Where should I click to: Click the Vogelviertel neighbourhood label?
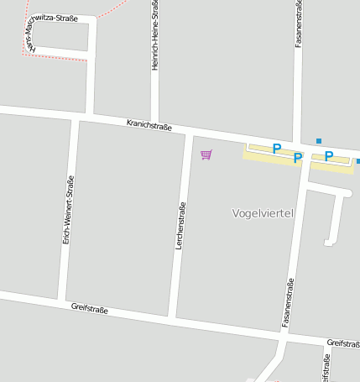pyautogui.click(x=262, y=213)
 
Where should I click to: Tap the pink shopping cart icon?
pyautogui.click(x=206, y=154)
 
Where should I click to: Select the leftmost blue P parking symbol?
pyautogui.click(x=276, y=149)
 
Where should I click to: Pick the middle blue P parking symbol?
pyautogui.click(x=297, y=157)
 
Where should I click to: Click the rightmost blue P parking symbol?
pyautogui.click(x=329, y=156)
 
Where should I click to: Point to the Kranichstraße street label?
pyautogui.click(x=149, y=126)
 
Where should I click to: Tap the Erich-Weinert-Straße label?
pyautogui.click(x=68, y=209)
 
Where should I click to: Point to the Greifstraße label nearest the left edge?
pyautogui.click(x=90, y=310)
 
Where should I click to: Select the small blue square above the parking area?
pyautogui.click(x=319, y=140)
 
